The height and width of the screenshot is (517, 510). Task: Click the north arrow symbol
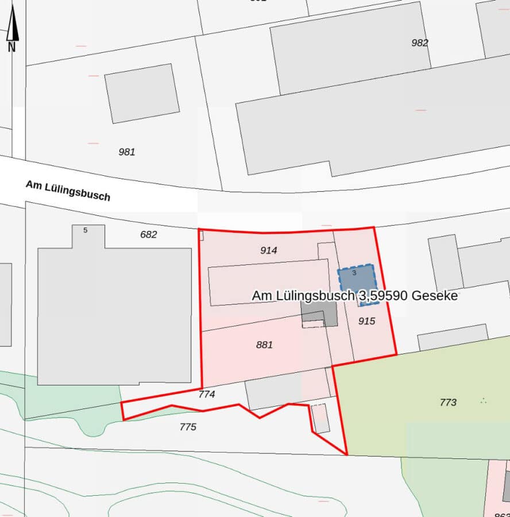point(12,32)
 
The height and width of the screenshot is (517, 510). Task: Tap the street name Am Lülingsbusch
point(68,190)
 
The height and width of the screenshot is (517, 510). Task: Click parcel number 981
point(126,152)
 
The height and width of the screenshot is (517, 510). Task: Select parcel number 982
point(420,43)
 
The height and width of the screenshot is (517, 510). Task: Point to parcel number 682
point(148,234)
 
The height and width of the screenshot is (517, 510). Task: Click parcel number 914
point(268,250)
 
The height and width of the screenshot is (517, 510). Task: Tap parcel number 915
point(366,321)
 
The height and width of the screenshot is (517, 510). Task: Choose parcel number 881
point(264,345)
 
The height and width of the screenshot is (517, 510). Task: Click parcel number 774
point(206,395)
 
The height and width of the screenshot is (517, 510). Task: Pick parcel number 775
point(188,427)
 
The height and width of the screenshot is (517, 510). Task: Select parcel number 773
point(448,402)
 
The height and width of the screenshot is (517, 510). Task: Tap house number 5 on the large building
point(86,230)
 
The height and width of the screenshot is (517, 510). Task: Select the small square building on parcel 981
point(142,93)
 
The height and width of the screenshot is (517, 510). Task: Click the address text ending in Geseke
point(354,296)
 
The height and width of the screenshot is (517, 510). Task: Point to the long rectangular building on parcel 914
point(268,282)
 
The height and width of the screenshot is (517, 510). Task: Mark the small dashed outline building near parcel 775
point(320,418)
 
